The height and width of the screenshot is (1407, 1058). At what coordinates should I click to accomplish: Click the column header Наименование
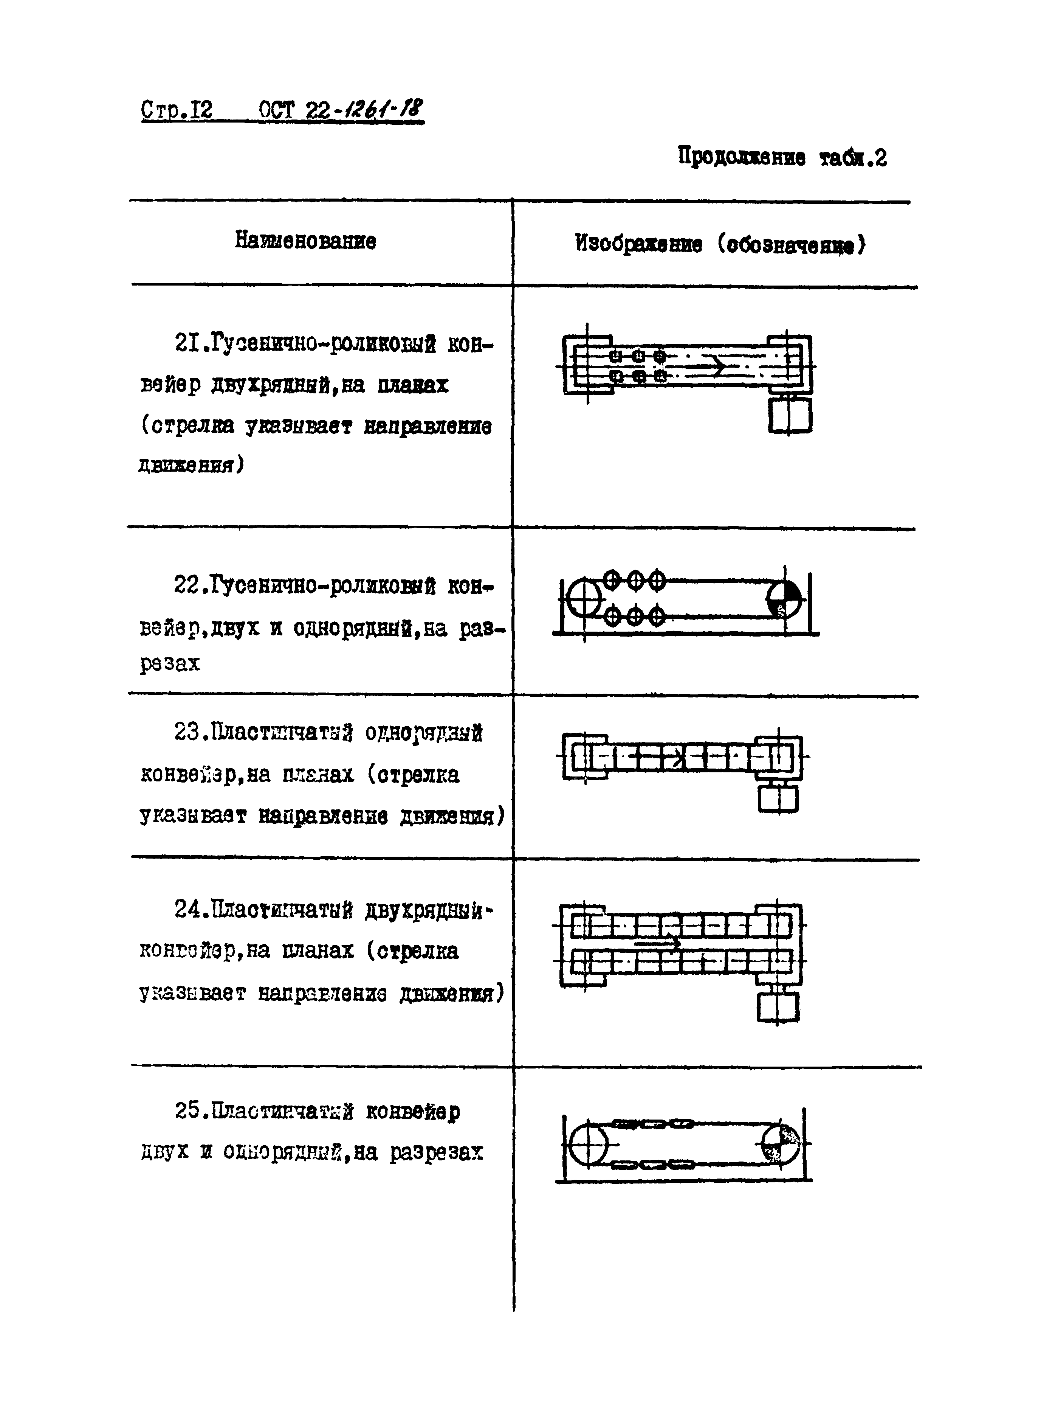coord(305,241)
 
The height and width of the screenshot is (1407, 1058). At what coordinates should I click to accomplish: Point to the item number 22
coord(189,584)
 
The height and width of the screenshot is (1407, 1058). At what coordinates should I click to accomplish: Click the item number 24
coord(189,910)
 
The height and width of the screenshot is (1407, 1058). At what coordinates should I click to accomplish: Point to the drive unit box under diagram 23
coord(778,798)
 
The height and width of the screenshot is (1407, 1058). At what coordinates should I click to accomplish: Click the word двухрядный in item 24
coord(429,911)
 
